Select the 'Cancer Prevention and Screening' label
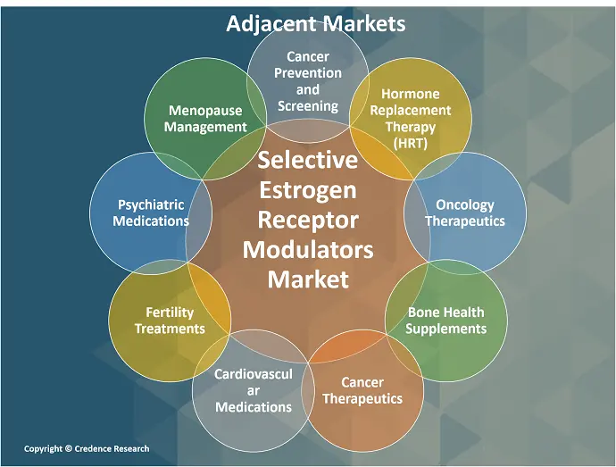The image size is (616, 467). tap(307, 81)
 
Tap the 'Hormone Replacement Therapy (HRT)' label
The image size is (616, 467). tap(410, 118)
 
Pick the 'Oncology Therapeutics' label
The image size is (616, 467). tap(464, 213)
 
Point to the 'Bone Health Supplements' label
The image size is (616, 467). tap(445, 320)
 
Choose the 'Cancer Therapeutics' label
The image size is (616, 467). tap(362, 390)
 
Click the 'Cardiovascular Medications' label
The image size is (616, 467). tap(253, 390)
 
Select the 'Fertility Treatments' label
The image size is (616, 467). tap(170, 320)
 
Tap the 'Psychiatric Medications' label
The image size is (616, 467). tap(151, 213)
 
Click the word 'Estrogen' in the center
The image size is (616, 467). tap(307, 189)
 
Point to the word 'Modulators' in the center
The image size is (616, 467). tap(307, 249)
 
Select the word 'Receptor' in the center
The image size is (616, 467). tap(307, 220)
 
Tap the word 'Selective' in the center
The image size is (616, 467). tap(307, 160)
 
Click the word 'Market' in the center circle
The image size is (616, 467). tap(307, 279)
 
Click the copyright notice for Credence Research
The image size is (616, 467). tap(87, 448)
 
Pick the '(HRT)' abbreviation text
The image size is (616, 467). tap(410, 142)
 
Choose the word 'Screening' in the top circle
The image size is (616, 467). tap(307, 105)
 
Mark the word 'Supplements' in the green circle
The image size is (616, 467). tap(445, 328)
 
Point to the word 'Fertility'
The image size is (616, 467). tap(170, 312)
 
